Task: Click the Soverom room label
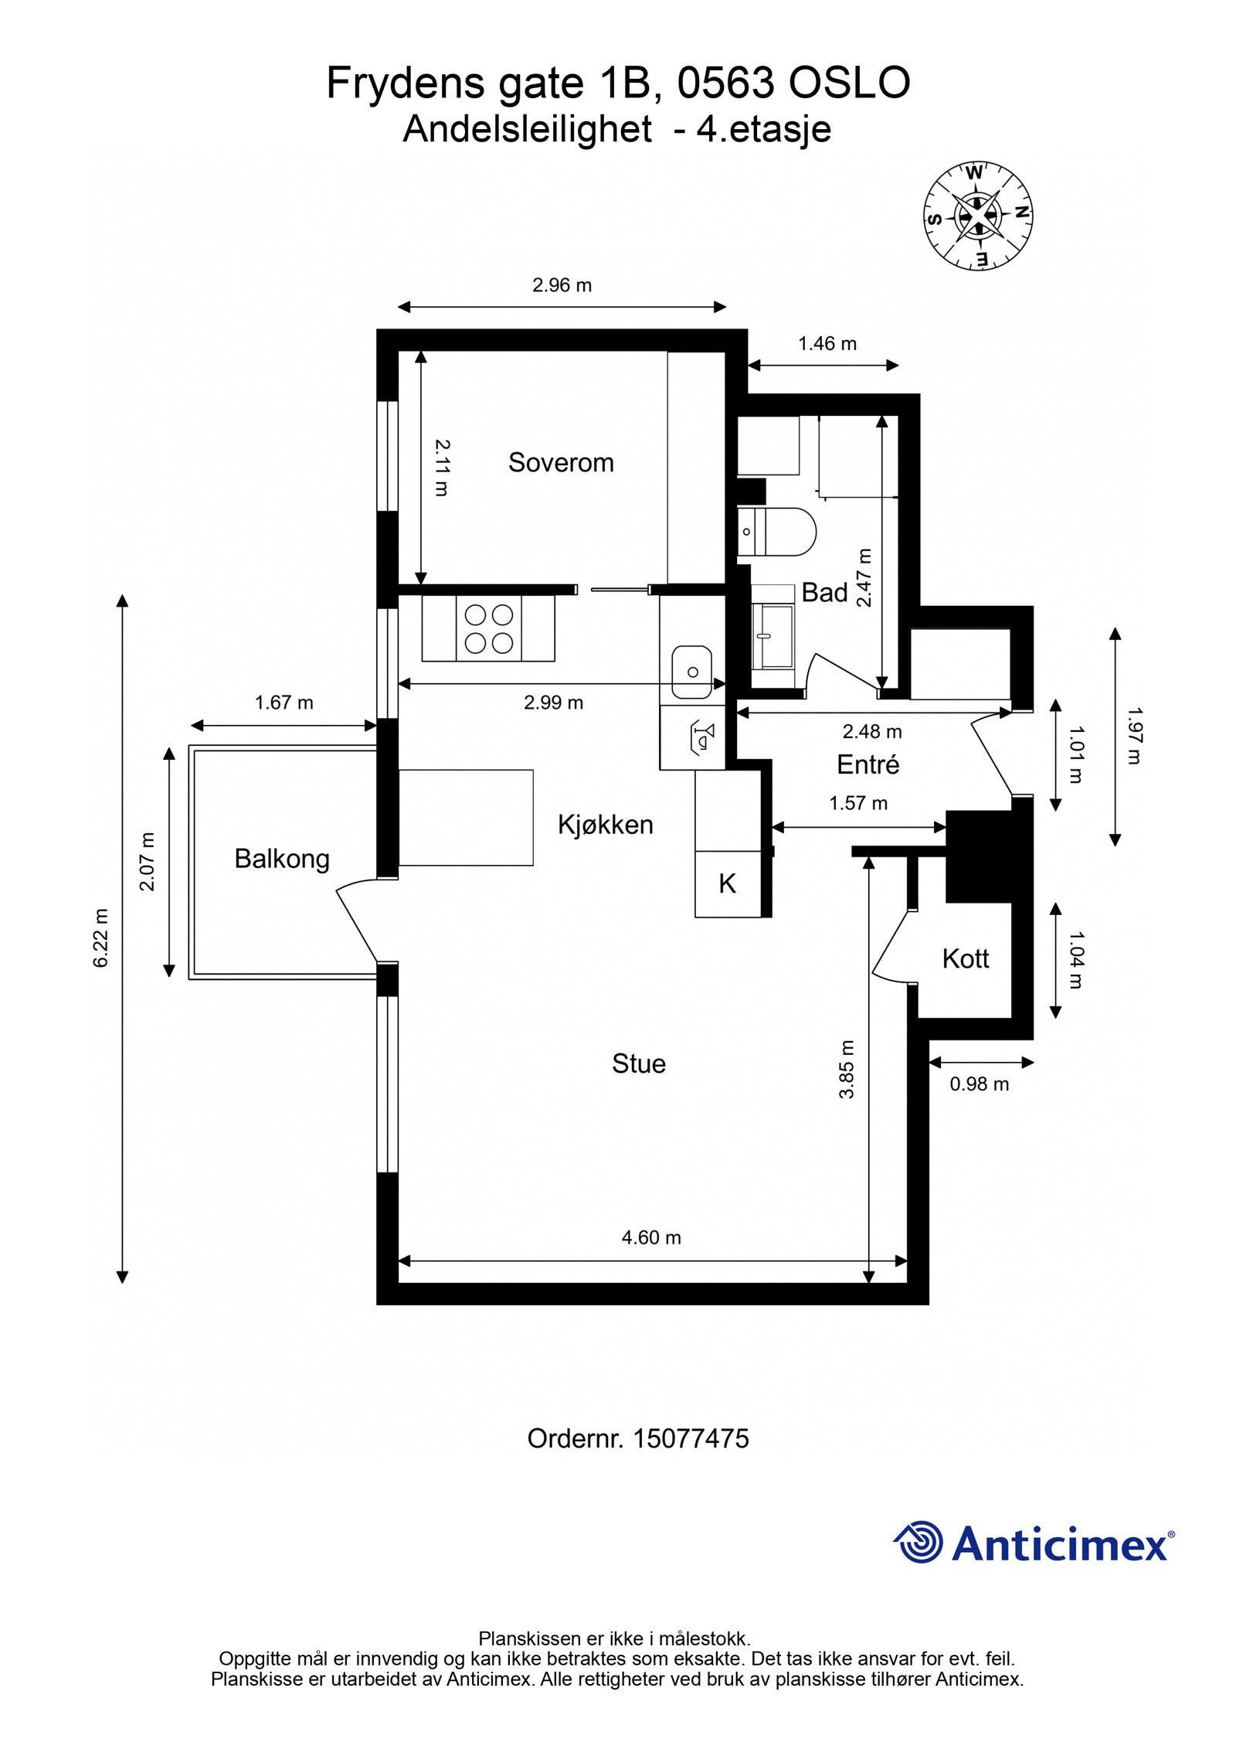561,462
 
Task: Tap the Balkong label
282,859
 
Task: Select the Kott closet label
966,958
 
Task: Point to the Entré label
868,764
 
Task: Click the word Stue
639,1063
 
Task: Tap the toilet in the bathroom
776,532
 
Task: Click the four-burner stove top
488,628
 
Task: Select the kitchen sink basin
691,672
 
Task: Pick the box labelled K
728,884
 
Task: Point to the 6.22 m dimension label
101,937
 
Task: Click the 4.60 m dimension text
651,1237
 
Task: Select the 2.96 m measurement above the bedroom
562,285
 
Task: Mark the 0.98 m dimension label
980,1084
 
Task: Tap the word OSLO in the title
849,83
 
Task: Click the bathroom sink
772,635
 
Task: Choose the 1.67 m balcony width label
284,703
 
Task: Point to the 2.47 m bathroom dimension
864,578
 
